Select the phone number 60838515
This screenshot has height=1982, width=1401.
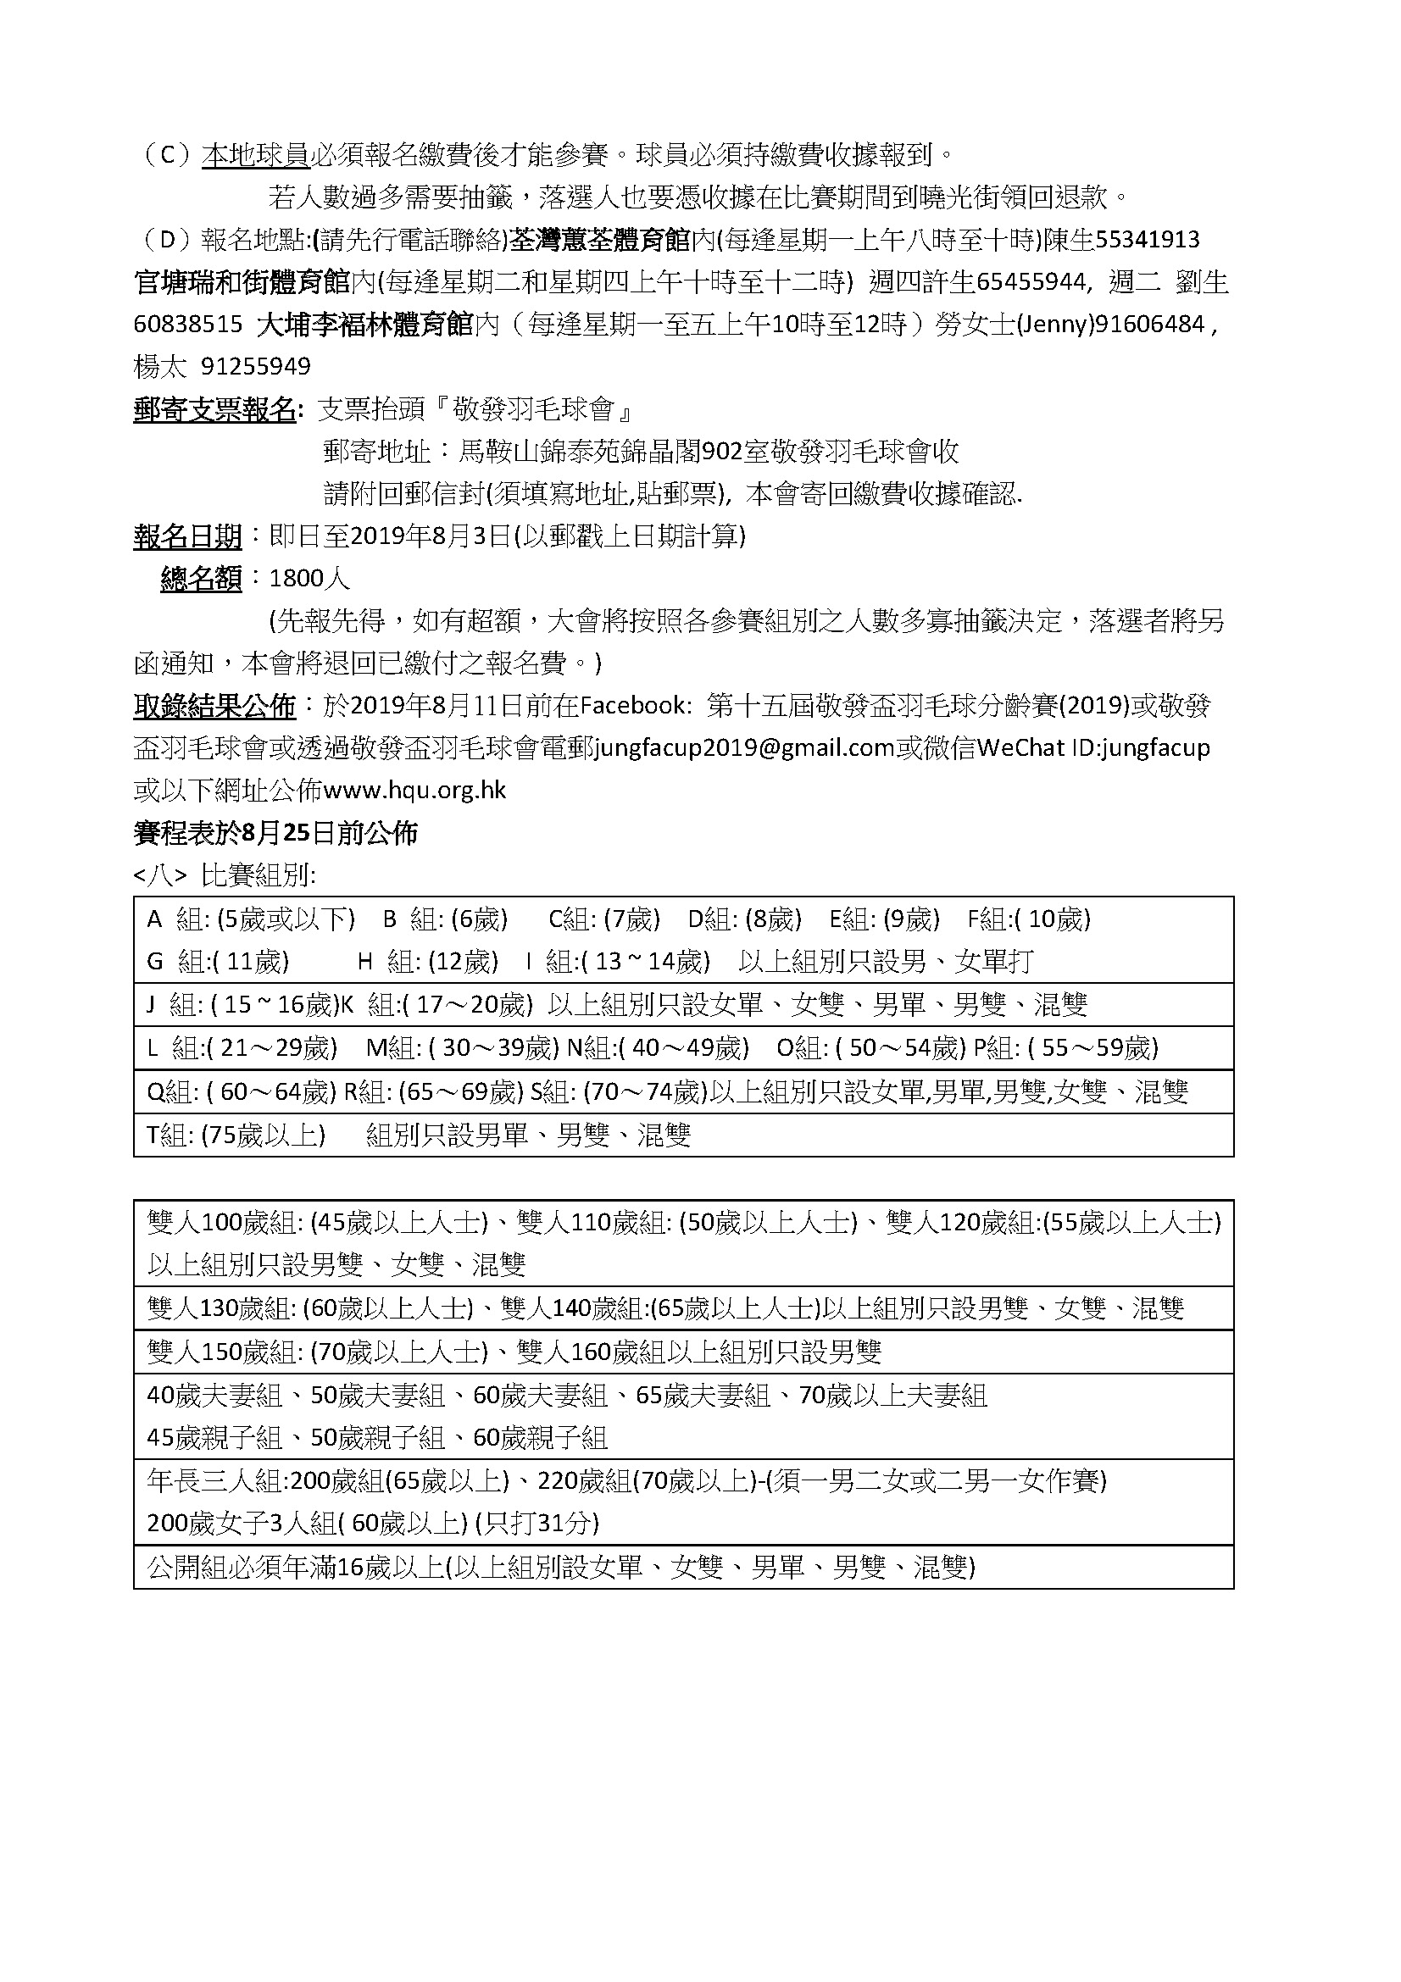click(188, 325)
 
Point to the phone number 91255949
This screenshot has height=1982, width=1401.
click(255, 367)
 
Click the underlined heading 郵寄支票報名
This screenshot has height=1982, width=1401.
click(215, 409)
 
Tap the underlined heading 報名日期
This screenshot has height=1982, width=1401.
click(187, 536)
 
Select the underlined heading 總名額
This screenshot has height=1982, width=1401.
click(201, 579)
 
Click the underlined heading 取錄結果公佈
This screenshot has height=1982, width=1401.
click(214, 706)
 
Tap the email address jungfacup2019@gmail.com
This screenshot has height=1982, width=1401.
click(743, 748)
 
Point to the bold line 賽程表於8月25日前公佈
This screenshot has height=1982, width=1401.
click(275, 833)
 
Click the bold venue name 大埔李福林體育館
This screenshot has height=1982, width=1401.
click(365, 325)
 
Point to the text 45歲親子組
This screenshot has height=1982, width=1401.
click(214, 1437)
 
